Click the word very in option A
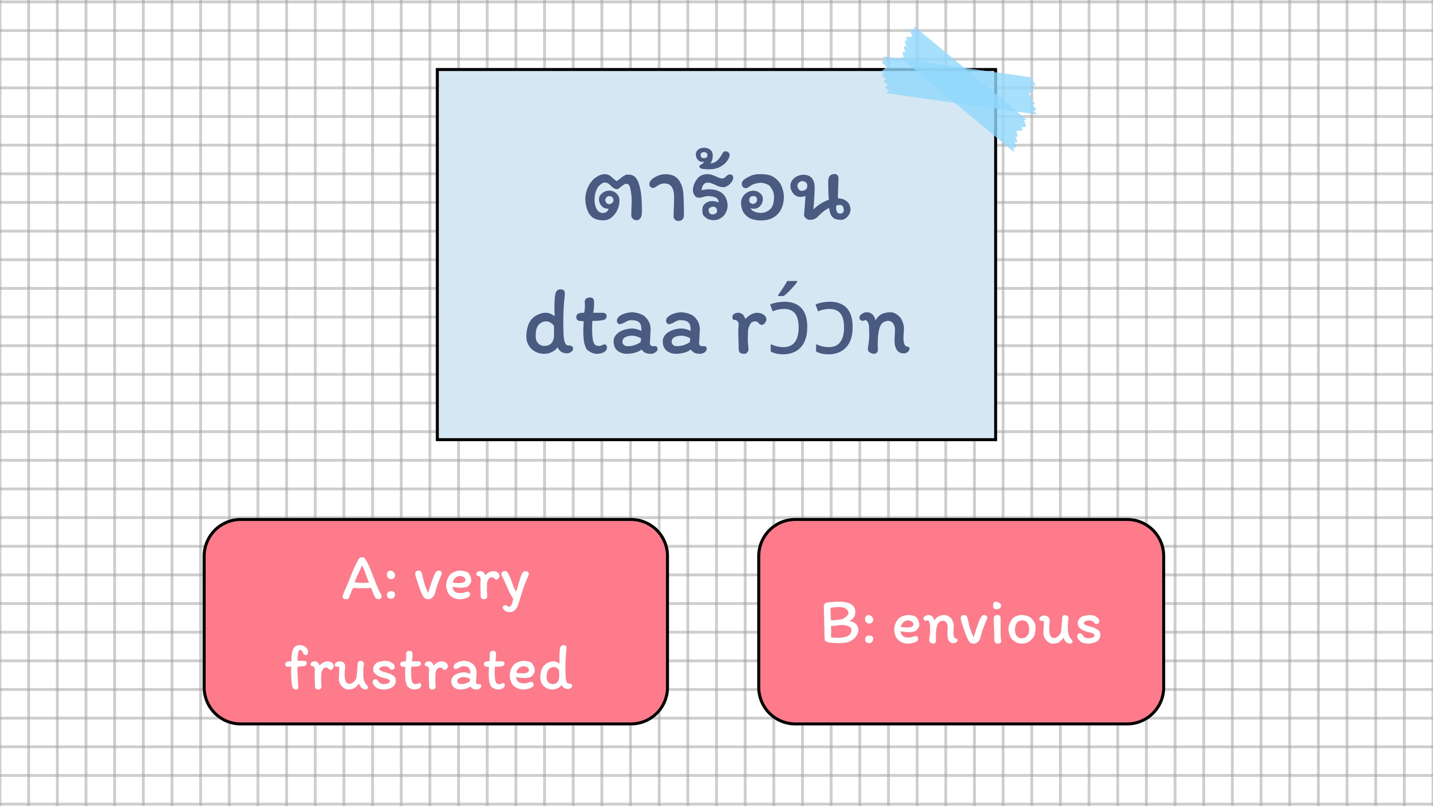pos(472,586)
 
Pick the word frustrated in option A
pos(428,668)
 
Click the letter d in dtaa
pos(549,322)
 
